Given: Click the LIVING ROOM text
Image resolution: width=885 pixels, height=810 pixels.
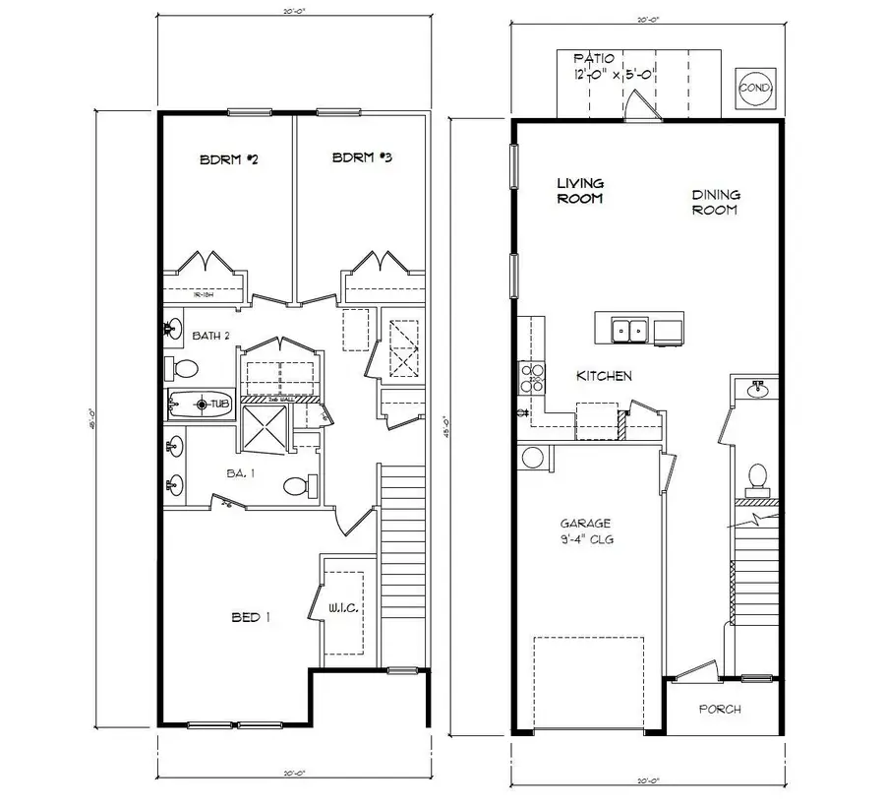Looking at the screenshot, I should (580, 190).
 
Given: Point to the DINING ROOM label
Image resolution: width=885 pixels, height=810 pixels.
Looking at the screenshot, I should (715, 202).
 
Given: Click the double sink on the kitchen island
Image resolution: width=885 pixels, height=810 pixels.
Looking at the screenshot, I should (627, 331).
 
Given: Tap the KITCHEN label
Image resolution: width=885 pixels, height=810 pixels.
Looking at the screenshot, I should (604, 376).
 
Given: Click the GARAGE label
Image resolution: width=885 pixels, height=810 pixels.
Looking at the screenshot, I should (586, 530).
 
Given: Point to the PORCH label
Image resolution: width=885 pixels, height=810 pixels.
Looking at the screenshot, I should (720, 709).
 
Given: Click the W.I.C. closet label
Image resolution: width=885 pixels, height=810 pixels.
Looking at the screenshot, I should (343, 611).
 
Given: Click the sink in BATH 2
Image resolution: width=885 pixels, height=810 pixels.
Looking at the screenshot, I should (174, 326).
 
